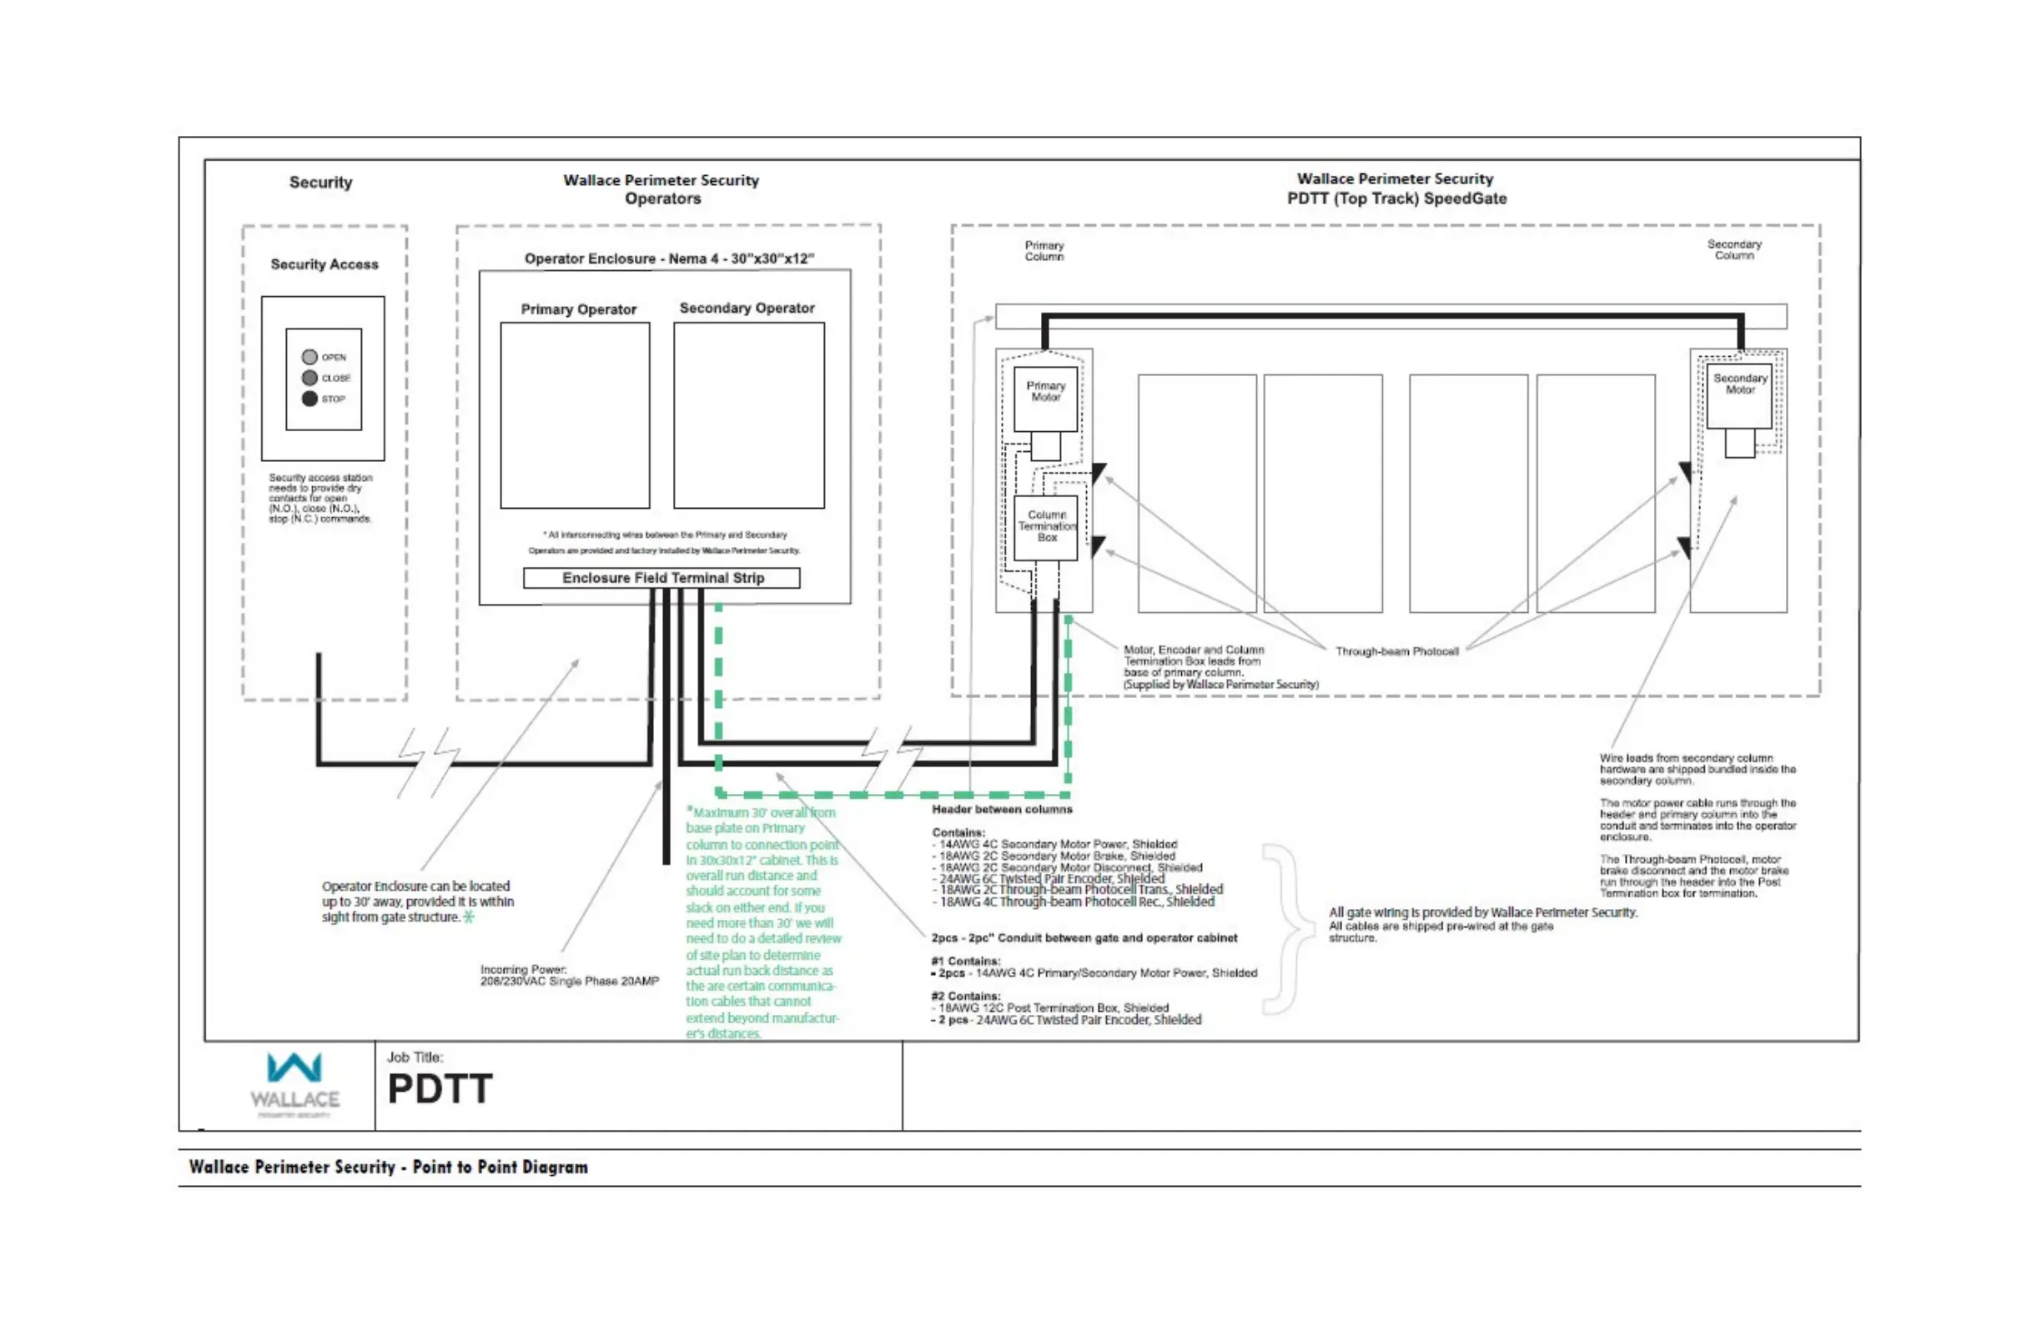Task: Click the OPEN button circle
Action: [x=309, y=357]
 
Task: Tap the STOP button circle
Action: [x=309, y=399]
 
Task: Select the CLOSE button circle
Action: [x=309, y=379]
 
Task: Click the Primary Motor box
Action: [x=1045, y=399]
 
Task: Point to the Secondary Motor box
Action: [x=1739, y=396]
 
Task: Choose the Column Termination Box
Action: [x=1046, y=528]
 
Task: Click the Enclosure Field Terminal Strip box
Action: [x=661, y=578]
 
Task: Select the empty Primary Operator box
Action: [x=575, y=415]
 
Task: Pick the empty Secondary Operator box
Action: [x=748, y=415]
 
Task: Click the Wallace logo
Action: [x=294, y=1083]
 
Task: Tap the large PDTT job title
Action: [x=440, y=1089]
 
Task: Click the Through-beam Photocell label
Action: [x=1397, y=652]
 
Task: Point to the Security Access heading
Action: [x=324, y=264]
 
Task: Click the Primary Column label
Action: [x=1044, y=250]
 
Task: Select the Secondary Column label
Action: [x=1734, y=249]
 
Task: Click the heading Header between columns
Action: [x=1001, y=809]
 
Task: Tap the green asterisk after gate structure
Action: [x=469, y=917]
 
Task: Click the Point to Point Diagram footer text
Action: [x=388, y=1168]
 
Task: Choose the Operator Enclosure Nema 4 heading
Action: [x=668, y=259]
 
